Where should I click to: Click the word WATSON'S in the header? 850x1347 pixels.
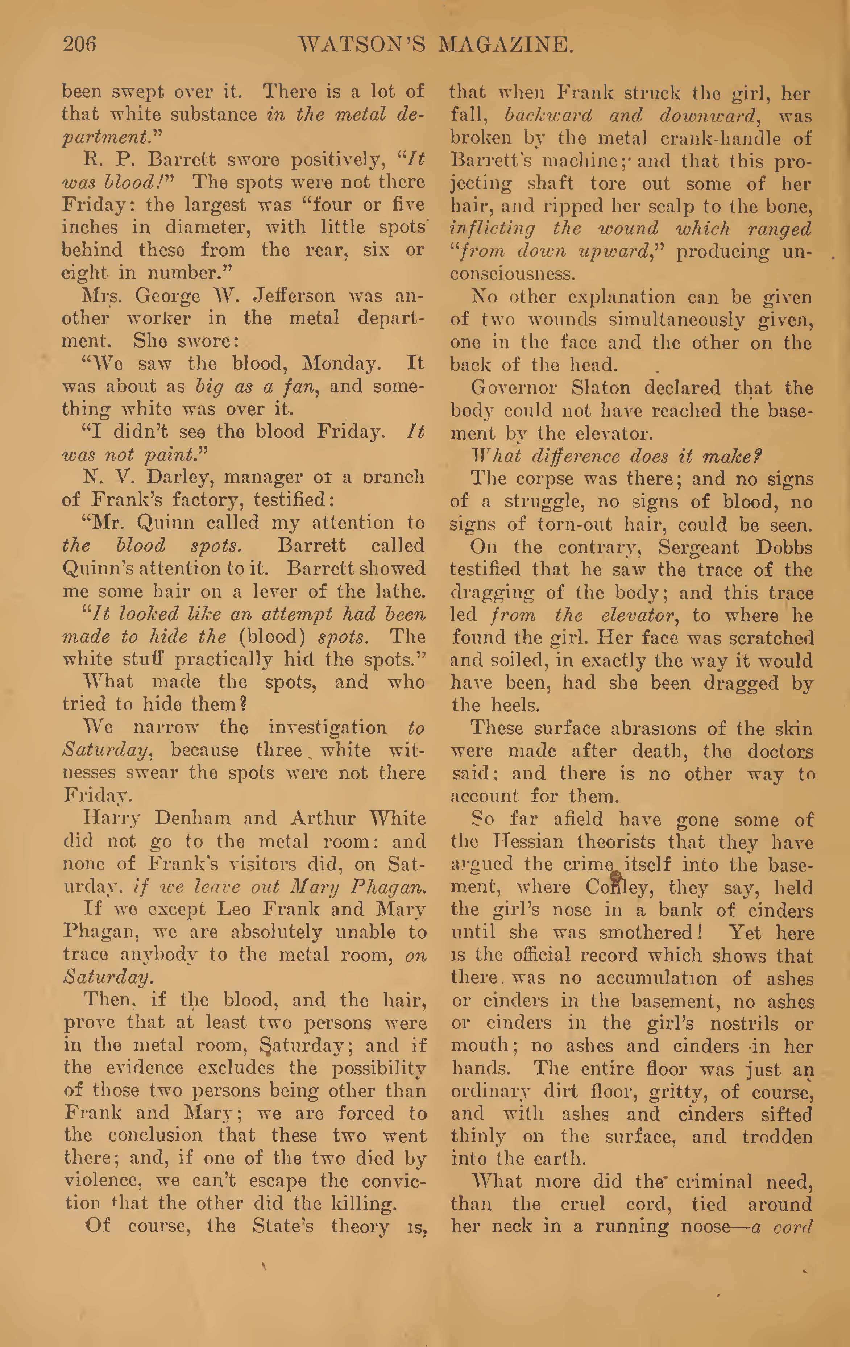coord(361,45)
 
